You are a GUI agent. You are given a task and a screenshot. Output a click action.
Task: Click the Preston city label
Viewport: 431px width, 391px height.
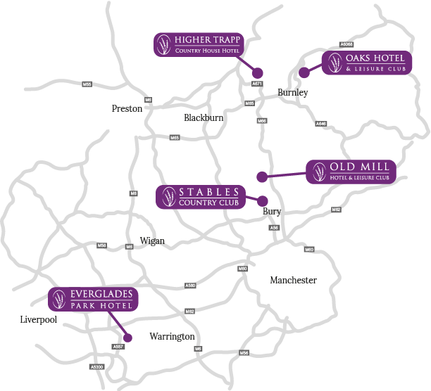127,108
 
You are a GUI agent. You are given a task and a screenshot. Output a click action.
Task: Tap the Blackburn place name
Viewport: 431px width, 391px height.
204,117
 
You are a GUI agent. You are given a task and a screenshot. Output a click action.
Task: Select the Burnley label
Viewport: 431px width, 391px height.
293,92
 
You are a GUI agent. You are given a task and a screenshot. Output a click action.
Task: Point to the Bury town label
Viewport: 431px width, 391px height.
272,211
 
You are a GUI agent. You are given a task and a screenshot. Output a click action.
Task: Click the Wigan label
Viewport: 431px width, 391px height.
152,241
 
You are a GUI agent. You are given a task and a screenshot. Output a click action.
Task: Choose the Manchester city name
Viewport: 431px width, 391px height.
293,280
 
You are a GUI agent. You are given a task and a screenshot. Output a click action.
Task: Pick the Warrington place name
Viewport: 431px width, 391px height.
172,336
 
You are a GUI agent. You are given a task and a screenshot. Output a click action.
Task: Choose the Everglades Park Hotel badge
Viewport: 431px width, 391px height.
93,299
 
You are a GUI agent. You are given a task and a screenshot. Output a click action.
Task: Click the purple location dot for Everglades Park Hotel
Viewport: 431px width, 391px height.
127,338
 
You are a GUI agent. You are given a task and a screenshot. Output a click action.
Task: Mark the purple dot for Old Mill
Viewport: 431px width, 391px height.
261,176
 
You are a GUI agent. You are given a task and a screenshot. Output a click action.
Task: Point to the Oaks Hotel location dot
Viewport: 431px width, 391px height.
304,72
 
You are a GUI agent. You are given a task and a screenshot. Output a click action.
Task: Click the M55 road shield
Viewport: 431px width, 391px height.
87,84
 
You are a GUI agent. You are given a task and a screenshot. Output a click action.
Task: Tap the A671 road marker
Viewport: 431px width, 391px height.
257,84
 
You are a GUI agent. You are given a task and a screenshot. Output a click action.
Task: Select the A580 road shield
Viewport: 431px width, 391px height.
189,286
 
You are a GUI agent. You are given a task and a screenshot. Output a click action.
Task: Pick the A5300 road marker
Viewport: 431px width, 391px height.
97,366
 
